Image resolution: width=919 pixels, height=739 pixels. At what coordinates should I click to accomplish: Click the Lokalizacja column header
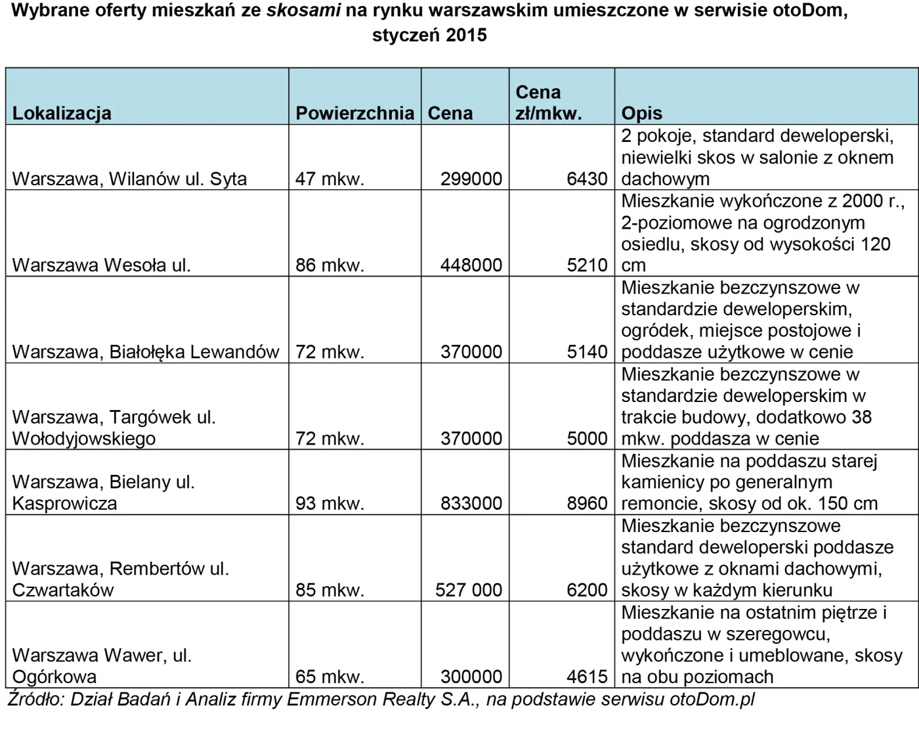point(62,113)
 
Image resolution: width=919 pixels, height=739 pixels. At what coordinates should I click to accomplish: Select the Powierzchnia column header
point(354,113)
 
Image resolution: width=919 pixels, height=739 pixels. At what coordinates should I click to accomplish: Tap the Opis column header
point(641,113)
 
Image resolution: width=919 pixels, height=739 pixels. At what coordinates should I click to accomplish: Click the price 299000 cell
point(471,179)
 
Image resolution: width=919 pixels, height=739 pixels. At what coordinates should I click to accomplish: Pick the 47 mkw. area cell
point(330,179)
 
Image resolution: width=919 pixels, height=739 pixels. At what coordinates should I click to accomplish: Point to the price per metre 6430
point(587,179)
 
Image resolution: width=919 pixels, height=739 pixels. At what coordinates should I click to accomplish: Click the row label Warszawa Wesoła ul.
point(101,265)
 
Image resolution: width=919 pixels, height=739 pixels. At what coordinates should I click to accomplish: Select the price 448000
point(471,265)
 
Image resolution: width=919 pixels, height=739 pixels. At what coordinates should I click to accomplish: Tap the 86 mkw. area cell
point(330,265)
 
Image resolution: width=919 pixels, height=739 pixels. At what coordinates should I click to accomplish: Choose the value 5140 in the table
point(587,352)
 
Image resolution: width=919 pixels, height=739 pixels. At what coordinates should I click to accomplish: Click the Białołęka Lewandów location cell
point(146,352)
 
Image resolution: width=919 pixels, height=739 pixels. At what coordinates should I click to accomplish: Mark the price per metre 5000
point(587,438)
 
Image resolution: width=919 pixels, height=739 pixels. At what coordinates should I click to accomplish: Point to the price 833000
point(471,503)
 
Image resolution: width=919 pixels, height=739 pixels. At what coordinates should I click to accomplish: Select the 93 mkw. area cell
point(330,503)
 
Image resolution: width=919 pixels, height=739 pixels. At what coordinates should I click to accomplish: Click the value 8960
point(587,503)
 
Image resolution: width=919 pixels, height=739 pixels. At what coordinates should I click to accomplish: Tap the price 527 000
point(469,590)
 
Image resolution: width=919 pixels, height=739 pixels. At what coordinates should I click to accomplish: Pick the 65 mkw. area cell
point(330,677)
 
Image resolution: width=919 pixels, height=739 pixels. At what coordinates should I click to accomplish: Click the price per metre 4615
point(587,677)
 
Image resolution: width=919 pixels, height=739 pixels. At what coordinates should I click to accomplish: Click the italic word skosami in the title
point(303,11)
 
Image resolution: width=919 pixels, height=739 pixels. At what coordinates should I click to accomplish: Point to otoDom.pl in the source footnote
point(712,699)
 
